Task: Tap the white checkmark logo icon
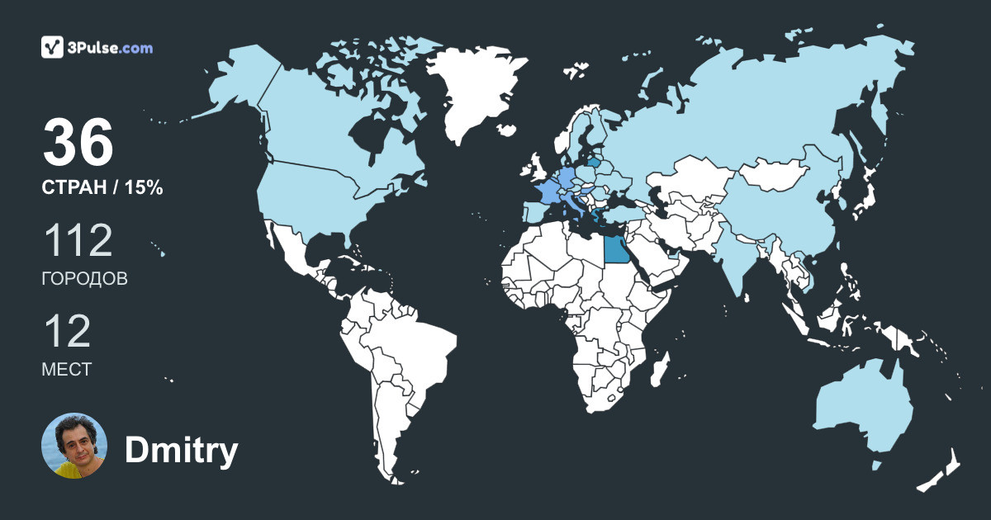pos(53,47)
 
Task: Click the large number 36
pos(78,142)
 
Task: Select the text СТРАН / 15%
pos(102,188)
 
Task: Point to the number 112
pos(77,240)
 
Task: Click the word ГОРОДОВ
pos(84,279)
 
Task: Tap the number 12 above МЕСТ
pos(66,331)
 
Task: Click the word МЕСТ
pos(66,370)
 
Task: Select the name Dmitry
pos(181,451)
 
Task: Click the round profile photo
pos(74,446)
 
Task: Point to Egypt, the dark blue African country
pos(614,248)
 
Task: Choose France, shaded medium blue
pos(546,191)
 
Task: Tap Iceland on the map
pos(509,130)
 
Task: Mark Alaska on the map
pos(231,83)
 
